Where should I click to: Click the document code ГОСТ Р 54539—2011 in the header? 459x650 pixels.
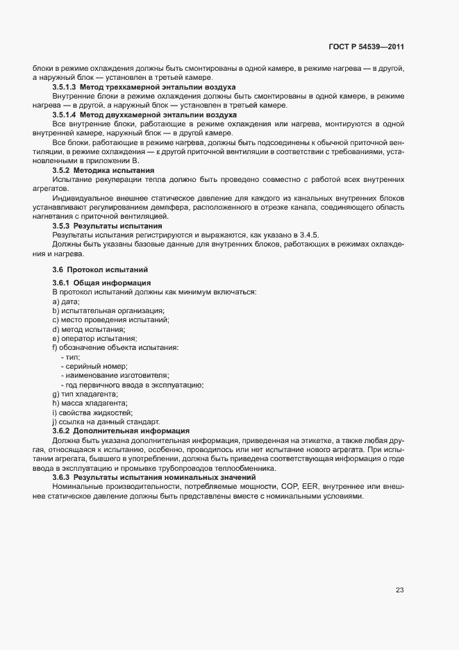coord(367,47)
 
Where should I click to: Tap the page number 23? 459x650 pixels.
coord(400,590)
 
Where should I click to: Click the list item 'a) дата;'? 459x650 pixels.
coord(66,301)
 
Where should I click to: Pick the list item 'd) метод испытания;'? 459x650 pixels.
coord(89,328)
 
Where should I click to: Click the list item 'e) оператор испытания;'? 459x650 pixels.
coord(94,337)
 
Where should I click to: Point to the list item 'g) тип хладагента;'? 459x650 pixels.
coord(85,394)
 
